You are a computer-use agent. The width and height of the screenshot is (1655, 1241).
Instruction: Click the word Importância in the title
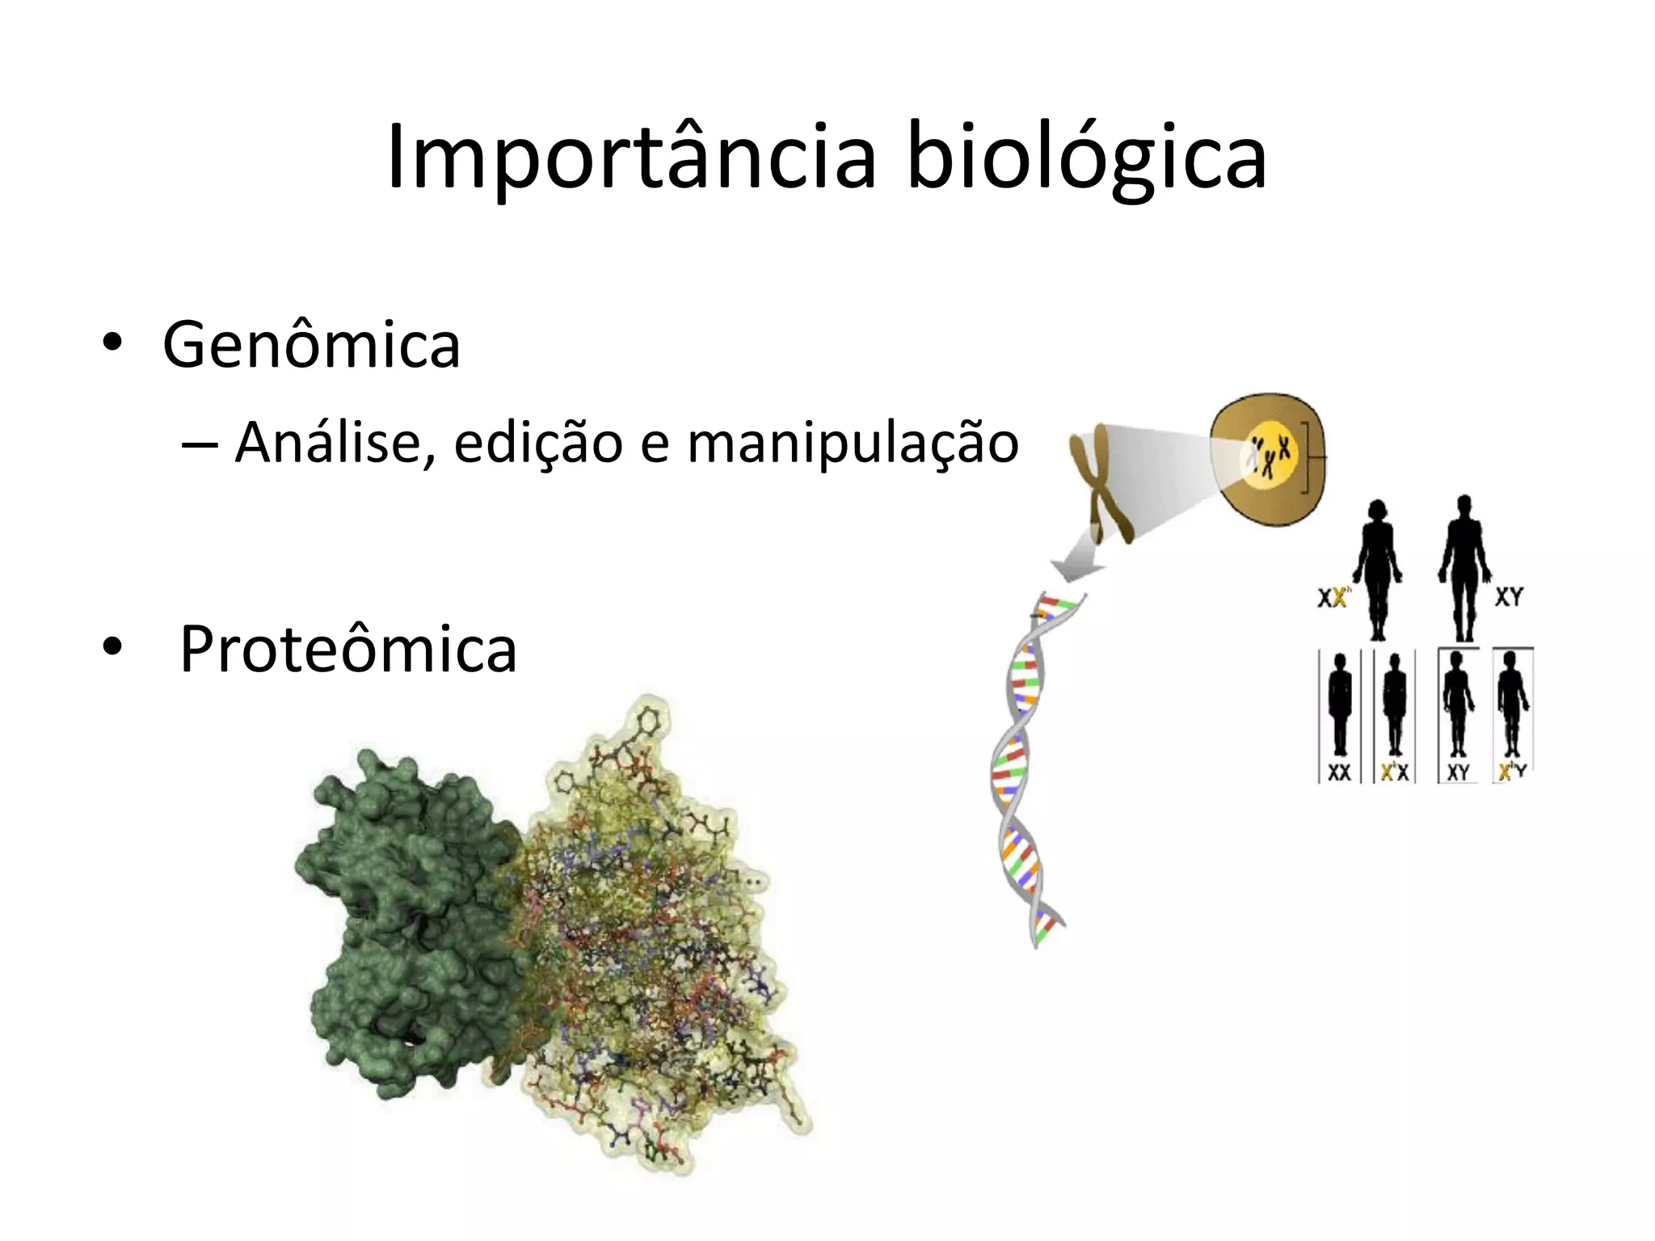coord(630,158)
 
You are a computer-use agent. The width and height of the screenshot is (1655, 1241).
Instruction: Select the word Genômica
coord(311,345)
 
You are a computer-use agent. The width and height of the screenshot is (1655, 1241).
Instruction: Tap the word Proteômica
coord(347,649)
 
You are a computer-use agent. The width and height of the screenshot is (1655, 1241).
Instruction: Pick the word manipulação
coord(853,443)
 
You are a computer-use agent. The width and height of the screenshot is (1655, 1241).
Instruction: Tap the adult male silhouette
coord(1464,566)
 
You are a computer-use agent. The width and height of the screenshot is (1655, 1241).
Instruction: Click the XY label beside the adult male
coord(1508,597)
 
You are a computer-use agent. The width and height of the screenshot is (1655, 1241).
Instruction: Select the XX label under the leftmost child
coord(1339,772)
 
